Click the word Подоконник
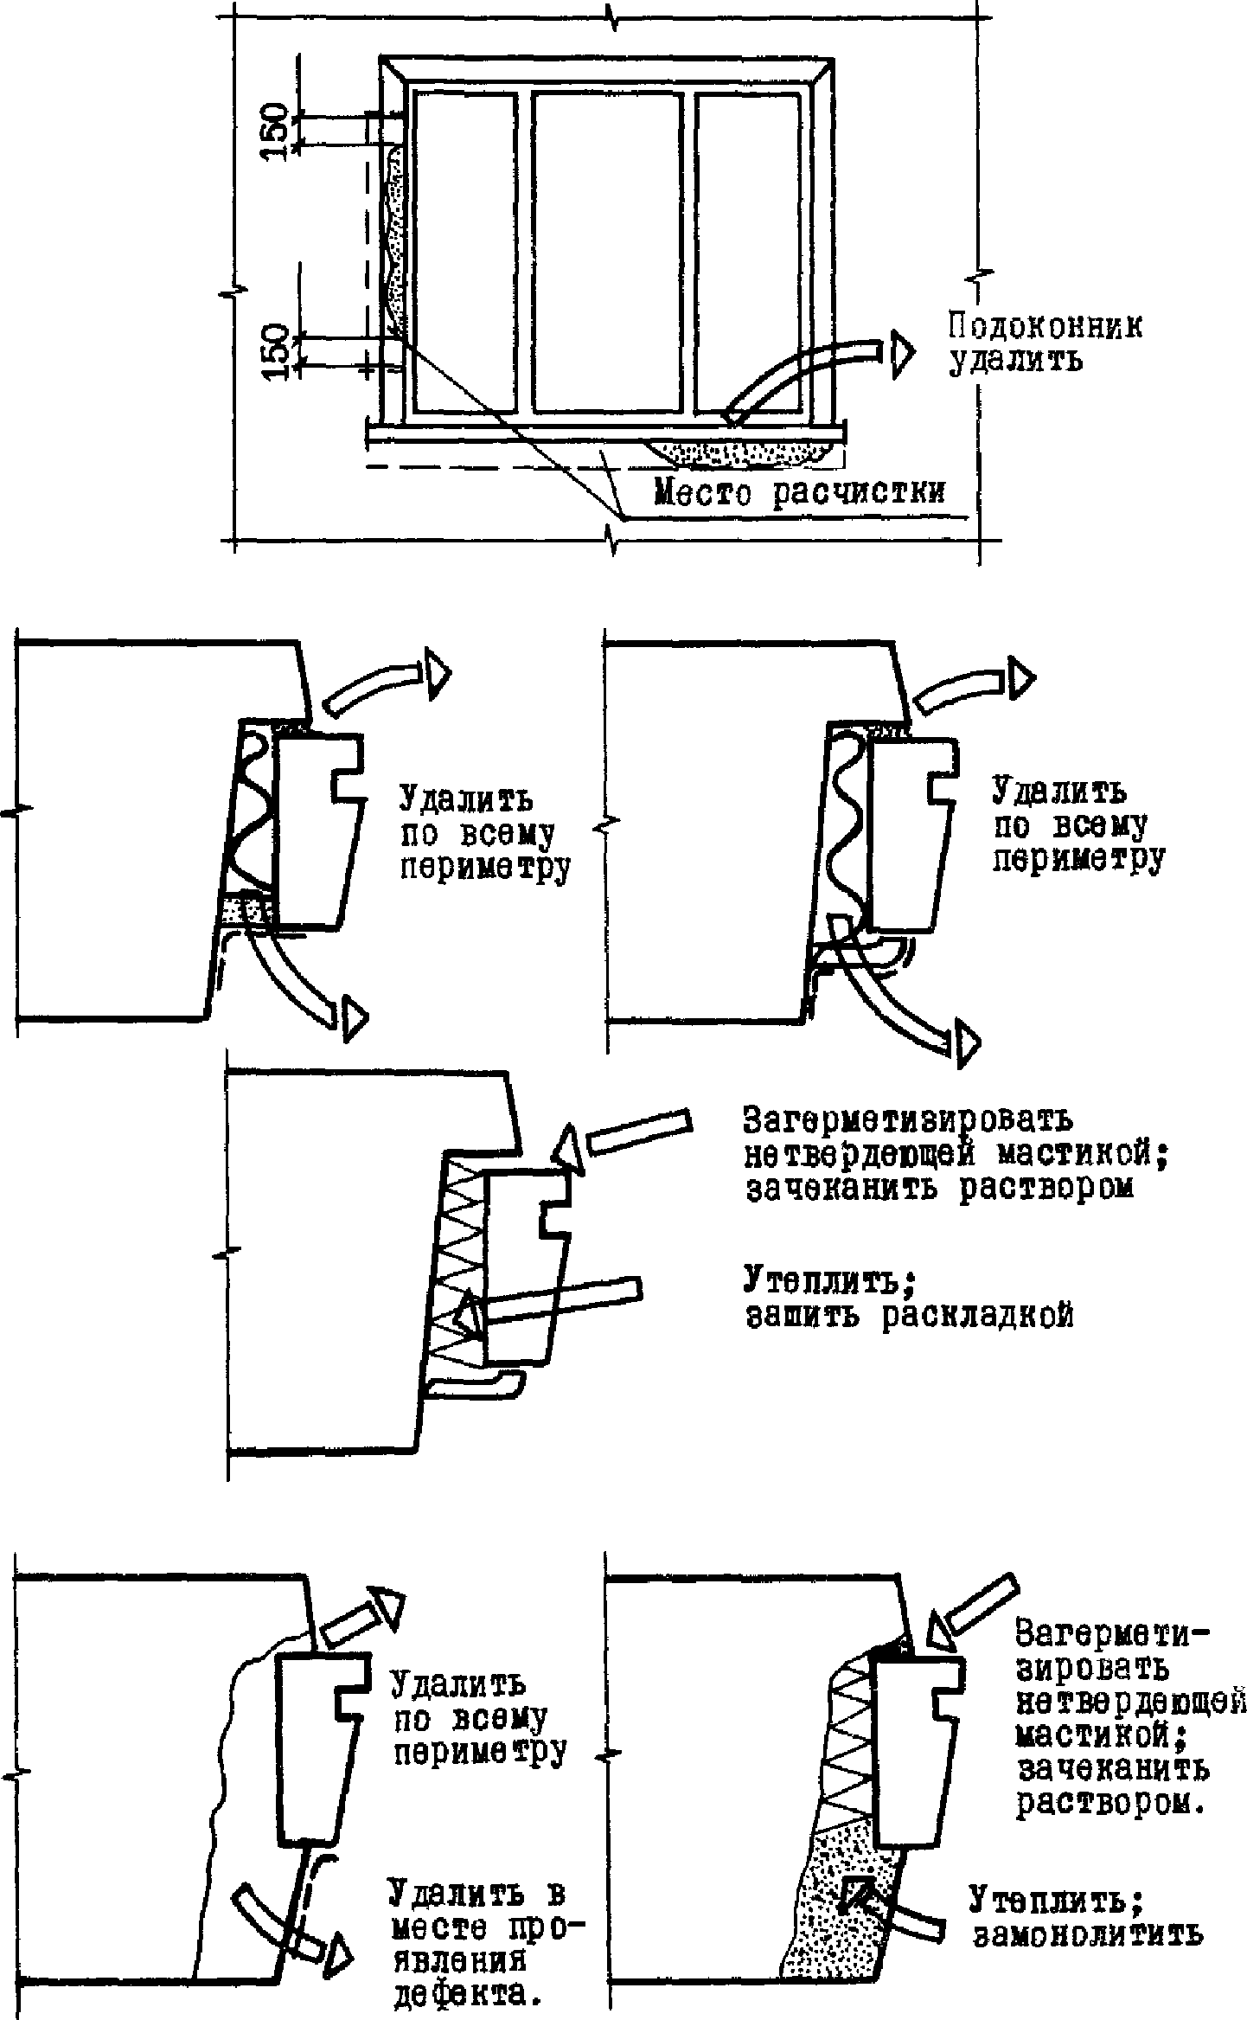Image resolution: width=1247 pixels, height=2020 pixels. pos(1045,328)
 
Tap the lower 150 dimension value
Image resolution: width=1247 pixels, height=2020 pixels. pos(276,351)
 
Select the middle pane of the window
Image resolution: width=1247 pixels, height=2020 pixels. pos(605,251)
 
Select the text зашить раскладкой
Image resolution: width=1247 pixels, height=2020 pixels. pos(908,1316)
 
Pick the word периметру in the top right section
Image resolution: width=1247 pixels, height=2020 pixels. pos(1077,859)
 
